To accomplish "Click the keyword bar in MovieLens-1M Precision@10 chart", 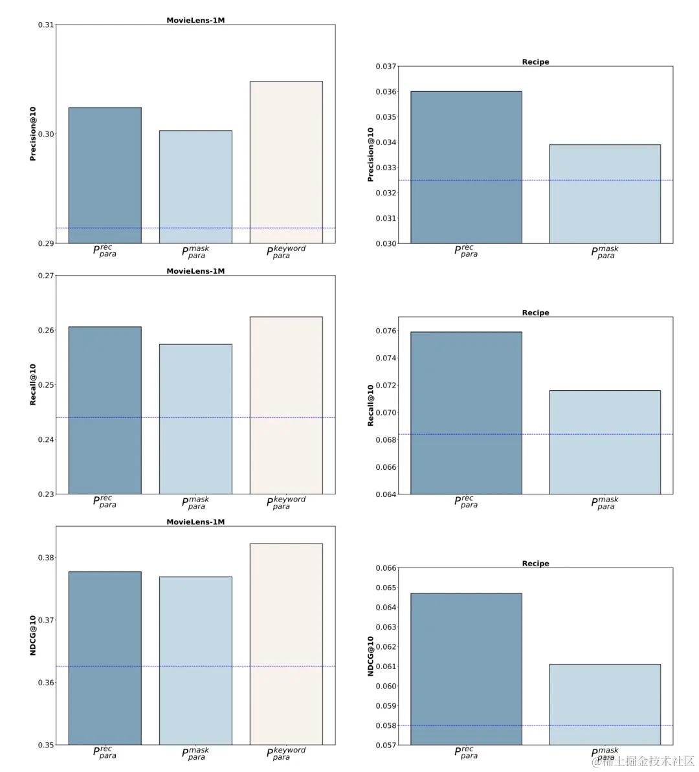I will pos(286,162).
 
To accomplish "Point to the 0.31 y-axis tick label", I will pos(46,25).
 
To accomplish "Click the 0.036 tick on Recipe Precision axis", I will pos(386,92).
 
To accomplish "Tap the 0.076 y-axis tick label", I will pos(386,331).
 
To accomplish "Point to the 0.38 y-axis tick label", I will pos(46,558).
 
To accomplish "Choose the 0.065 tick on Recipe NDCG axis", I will pos(386,588).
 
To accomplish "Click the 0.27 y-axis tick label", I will pos(46,276).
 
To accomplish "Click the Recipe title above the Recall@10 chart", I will pos(535,313).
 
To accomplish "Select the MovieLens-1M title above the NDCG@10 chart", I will pos(195,522).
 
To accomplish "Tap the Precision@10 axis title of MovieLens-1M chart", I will pos(33,134).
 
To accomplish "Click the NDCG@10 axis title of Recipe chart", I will pos(371,656).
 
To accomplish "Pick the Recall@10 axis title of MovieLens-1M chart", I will pos(33,385).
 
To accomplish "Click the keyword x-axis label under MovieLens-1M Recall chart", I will pos(285,503).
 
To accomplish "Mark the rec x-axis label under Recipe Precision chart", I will pos(466,251).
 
